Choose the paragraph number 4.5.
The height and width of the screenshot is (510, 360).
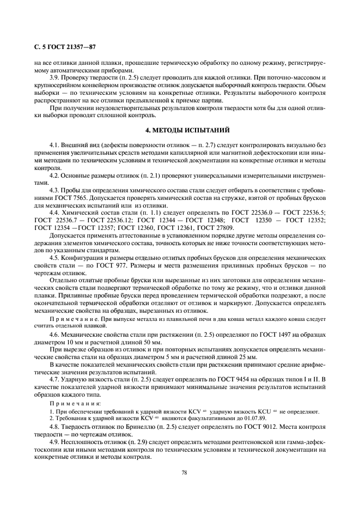[56, 257]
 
